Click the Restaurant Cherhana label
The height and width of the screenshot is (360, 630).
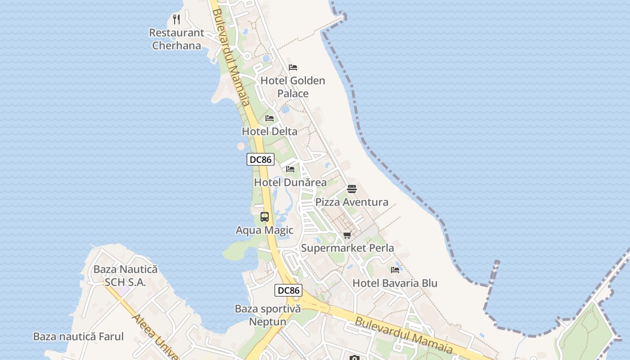pyautogui.click(x=176, y=39)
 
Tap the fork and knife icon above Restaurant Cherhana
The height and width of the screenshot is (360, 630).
pyautogui.click(x=176, y=19)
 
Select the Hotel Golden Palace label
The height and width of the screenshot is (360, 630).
pyautogui.click(x=293, y=87)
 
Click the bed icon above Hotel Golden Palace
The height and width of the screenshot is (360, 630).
pyautogui.click(x=293, y=67)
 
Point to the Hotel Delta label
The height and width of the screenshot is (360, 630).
pyautogui.click(x=270, y=131)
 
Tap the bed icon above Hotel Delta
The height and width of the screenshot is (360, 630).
pyautogui.click(x=270, y=118)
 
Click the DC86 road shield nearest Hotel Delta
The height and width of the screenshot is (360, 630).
pyautogui.click(x=261, y=159)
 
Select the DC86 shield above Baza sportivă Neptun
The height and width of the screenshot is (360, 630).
pyautogui.click(x=288, y=290)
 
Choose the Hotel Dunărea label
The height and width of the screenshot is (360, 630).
pyautogui.click(x=290, y=182)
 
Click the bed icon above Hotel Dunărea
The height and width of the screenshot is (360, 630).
pyautogui.click(x=290, y=169)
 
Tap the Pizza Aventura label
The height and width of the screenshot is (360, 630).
pyautogui.click(x=351, y=202)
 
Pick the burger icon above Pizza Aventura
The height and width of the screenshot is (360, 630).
pyautogui.click(x=352, y=189)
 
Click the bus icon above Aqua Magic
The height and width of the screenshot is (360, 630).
pyautogui.click(x=265, y=217)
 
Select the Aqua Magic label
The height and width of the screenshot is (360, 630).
pyautogui.click(x=265, y=230)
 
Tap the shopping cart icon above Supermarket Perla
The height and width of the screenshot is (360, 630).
pyautogui.click(x=347, y=235)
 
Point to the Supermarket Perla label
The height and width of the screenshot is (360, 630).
pyautogui.click(x=347, y=248)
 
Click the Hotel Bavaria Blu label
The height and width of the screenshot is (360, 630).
pyautogui.click(x=395, y=283)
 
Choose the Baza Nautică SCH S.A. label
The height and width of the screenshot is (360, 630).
pyautogui.click(x=125, y=276)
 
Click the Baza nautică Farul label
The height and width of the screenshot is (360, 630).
pyautogui.click(x=78, y=337)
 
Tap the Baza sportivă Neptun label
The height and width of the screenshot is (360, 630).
pyautogui.click(x=267, y=315)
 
